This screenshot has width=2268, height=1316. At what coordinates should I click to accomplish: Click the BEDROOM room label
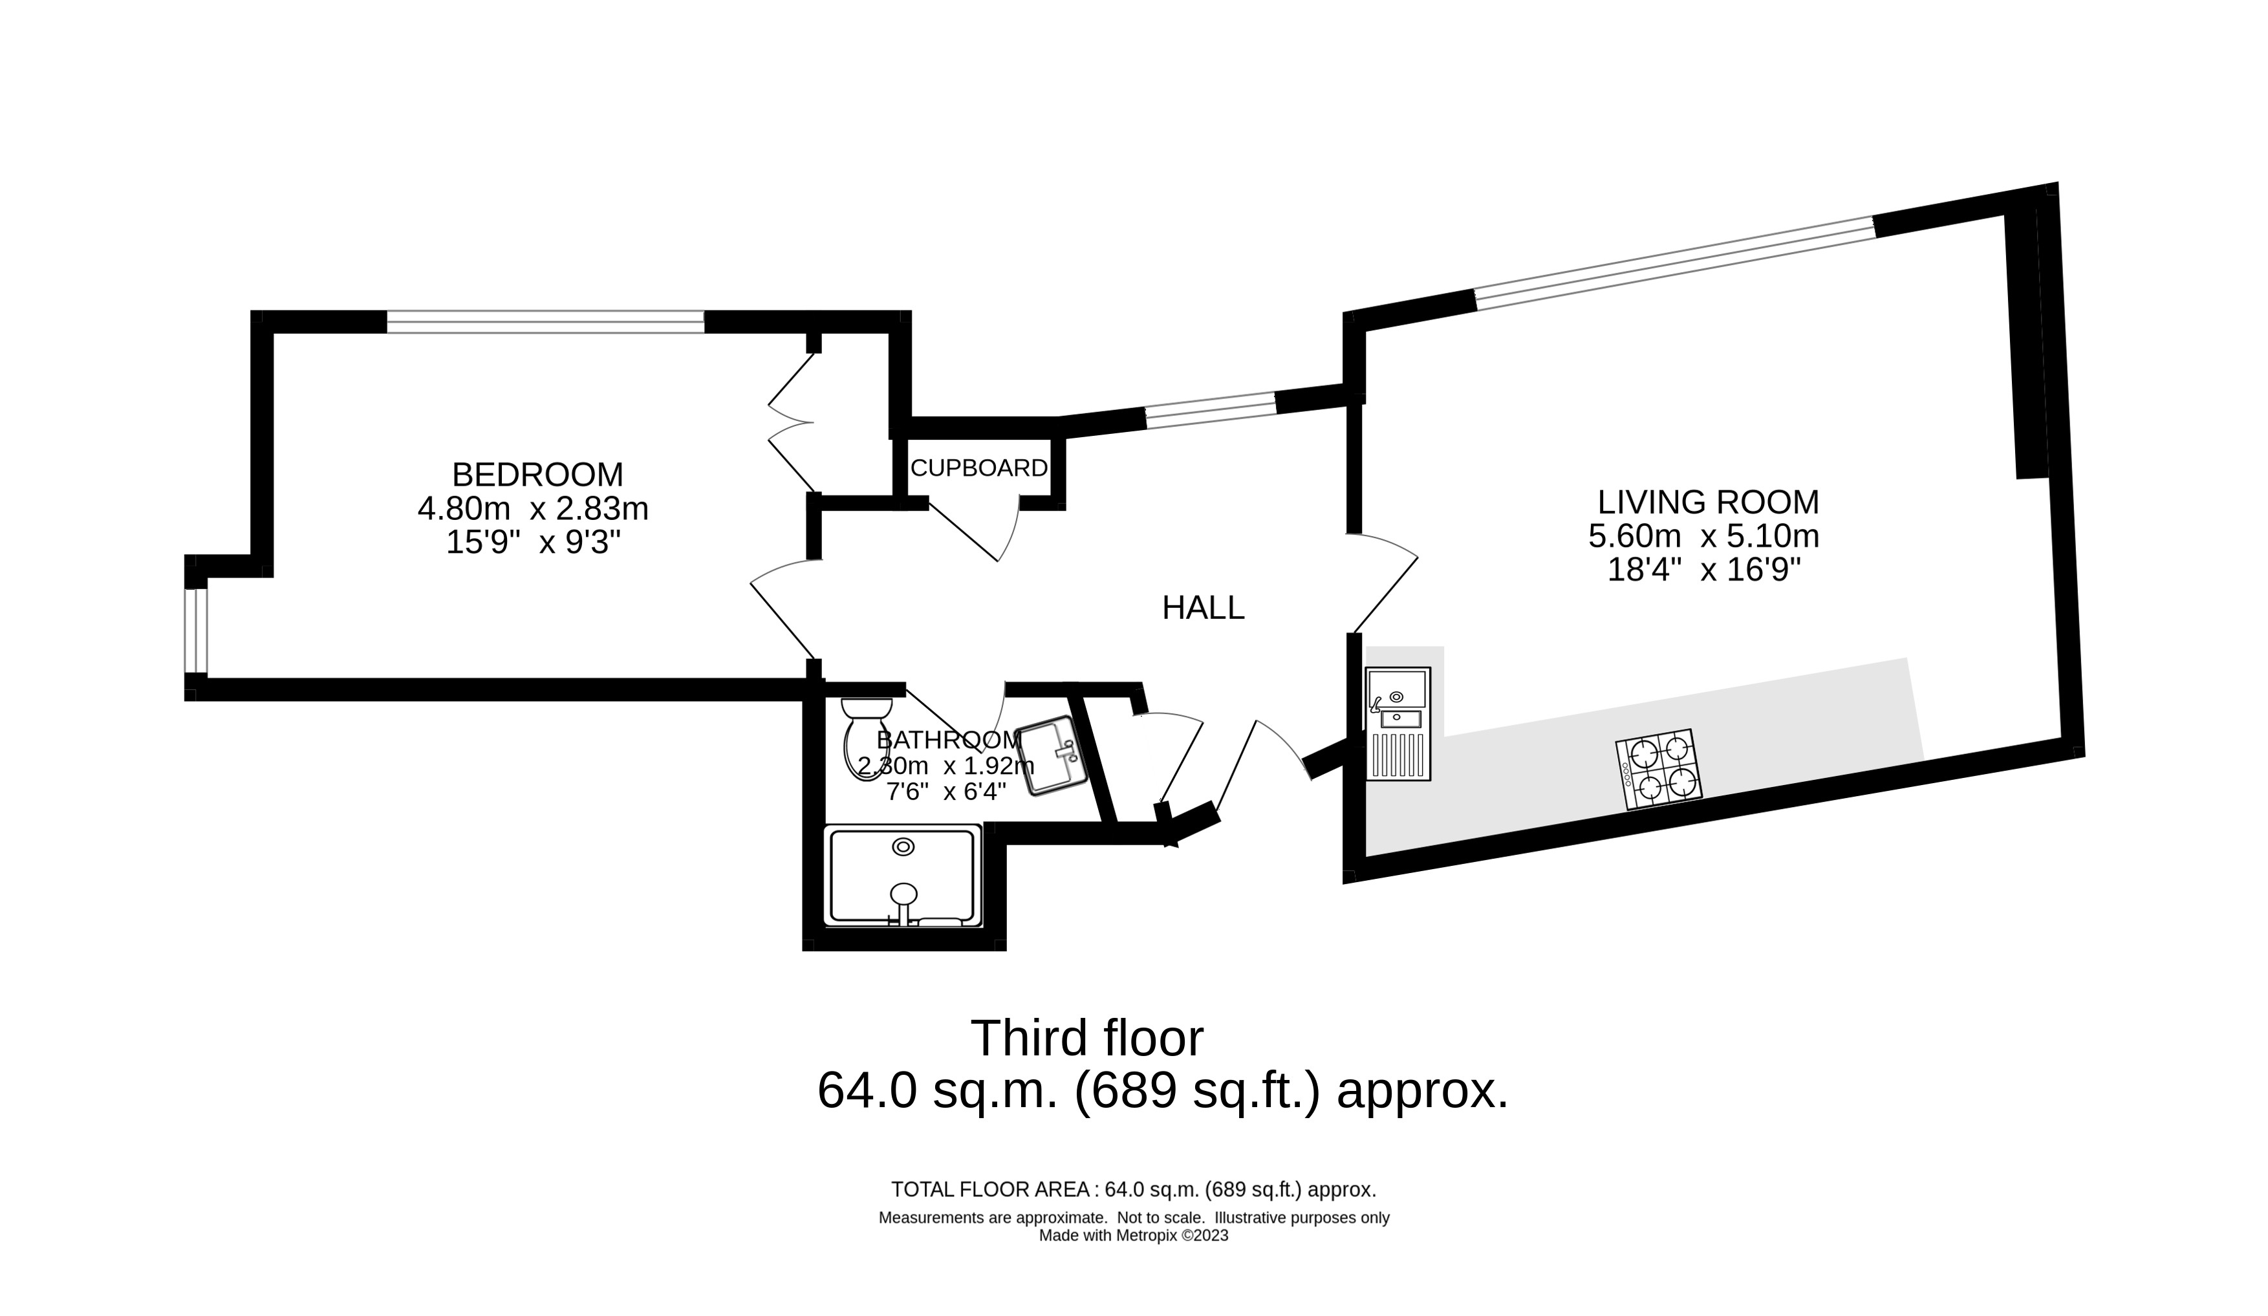click(x=537, y=475)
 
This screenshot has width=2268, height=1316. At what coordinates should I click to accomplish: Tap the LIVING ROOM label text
click(x=1707, y=501)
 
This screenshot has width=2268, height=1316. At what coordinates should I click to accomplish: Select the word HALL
click(x=1202, y=609)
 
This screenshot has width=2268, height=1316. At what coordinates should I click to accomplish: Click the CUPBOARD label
click(x=978, y=468)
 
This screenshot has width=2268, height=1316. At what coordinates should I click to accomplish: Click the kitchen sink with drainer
click(x=1398, y=723)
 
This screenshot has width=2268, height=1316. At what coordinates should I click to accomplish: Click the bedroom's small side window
click(x=196, y=630)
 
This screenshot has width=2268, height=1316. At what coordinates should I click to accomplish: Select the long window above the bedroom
click(x=545, y=321)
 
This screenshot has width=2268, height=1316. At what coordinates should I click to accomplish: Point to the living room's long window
click(x=1674, y=263)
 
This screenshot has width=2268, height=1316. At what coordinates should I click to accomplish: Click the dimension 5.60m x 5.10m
click(x=1703, y=537)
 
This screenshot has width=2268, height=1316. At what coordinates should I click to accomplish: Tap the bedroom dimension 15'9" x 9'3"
click(x=533, y=543)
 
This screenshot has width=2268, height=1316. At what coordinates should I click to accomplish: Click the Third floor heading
click(x=1086, y=1039)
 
